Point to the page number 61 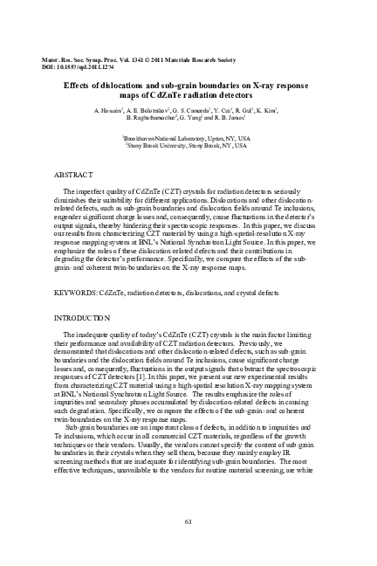point(188,522)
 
